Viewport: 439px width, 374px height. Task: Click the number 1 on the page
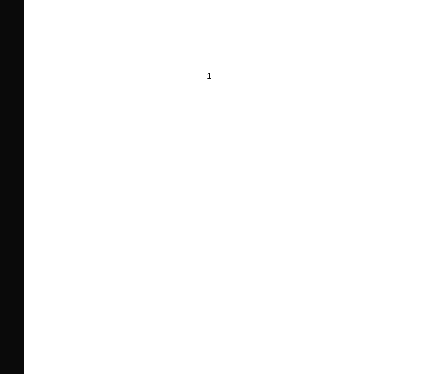209,76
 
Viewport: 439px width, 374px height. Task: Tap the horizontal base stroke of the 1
209,79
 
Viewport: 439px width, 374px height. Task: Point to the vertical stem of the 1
209,76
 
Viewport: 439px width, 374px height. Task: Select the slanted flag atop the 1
208,74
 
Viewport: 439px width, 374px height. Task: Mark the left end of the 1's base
207,79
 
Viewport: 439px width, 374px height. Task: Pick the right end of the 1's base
211,79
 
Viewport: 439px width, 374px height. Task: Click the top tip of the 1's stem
210,73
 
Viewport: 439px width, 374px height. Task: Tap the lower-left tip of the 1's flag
207,75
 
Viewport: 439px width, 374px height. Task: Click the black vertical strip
12,187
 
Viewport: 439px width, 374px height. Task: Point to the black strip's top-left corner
0,0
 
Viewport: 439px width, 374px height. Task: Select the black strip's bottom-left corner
0,374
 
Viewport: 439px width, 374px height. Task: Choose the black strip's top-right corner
24,0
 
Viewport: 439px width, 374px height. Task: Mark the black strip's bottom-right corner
24,374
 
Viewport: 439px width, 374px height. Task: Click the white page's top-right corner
439,0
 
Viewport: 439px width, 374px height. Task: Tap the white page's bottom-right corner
439,374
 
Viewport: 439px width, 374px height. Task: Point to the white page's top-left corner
25,0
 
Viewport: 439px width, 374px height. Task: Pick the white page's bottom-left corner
25,374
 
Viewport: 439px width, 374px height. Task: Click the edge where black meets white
24,187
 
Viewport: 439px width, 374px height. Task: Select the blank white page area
232,212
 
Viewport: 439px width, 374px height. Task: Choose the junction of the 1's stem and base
209,79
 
